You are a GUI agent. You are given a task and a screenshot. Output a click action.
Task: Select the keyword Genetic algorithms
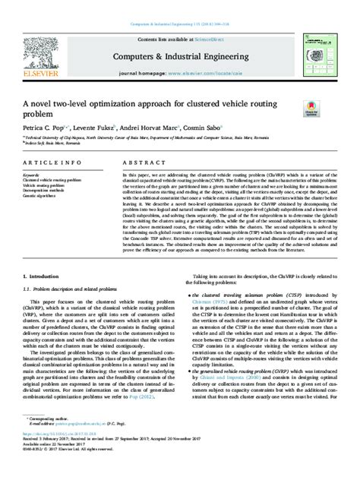coord(42,196)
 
